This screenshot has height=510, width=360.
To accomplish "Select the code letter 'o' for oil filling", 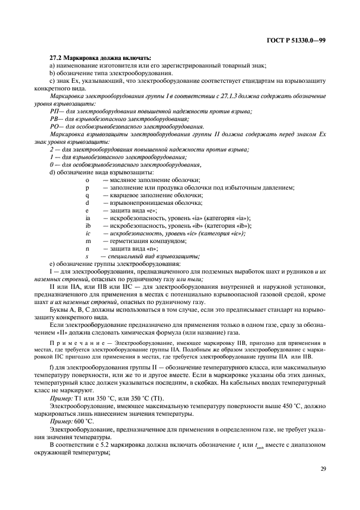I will (87, 180).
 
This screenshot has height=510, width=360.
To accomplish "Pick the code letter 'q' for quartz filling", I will (87, 195).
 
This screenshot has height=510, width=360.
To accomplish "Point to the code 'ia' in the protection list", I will (88, 218).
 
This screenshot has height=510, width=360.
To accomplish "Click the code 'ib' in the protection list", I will (88, 226).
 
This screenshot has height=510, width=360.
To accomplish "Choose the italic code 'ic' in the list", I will (88, 233).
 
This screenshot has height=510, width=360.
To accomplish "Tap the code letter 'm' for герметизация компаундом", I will (88, 241).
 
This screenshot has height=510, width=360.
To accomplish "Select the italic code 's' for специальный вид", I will (87, 256).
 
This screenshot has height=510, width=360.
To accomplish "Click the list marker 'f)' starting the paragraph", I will (52, 367).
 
